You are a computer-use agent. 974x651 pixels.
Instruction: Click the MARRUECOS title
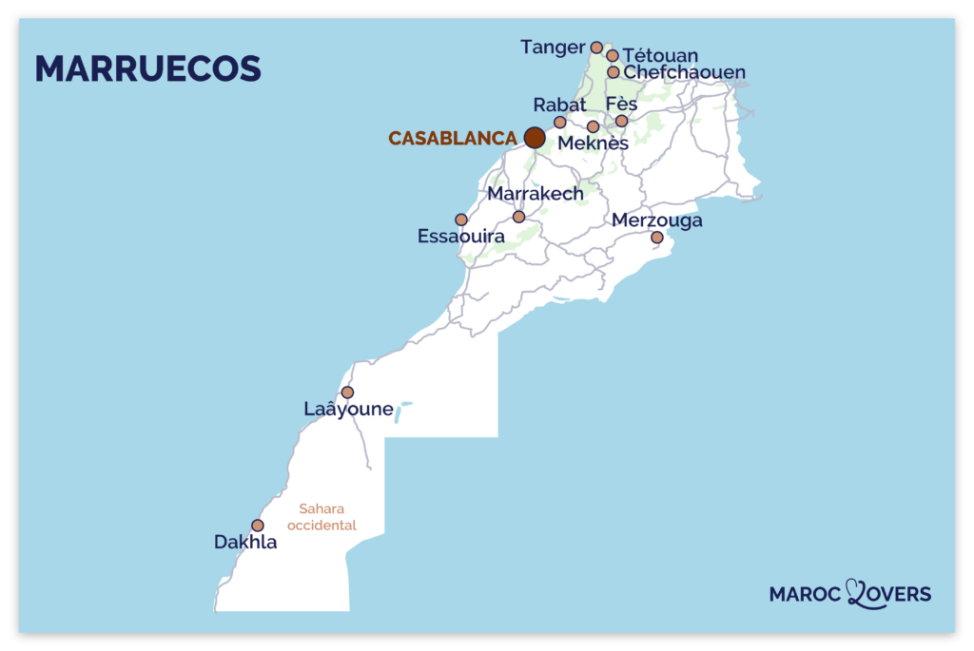pos(147,68)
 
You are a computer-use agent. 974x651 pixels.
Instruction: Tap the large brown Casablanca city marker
pos(535,138)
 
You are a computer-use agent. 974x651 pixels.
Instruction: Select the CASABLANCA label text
pos(453,139)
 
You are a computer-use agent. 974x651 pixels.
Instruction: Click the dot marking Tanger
pos(596,48)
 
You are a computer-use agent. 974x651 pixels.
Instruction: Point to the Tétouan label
pos(660,56)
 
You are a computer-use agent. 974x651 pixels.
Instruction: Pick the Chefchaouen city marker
pos(614,72)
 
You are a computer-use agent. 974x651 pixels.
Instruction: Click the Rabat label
pos(559,105)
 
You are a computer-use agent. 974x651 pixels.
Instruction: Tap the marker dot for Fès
pos(622,121)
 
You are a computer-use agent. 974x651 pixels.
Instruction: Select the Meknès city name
pos(593,144)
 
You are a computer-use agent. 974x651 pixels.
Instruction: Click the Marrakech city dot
pos(518,217)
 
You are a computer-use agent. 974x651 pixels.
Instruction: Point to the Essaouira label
pos(461,236)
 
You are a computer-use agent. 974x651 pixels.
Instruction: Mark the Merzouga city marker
pos(656,238)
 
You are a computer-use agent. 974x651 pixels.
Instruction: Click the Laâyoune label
pos(348,410)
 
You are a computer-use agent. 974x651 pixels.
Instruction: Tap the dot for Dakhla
pos(258,525)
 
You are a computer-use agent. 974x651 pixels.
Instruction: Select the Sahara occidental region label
pos(321,517)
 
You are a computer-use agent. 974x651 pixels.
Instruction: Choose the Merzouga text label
pos(657,220)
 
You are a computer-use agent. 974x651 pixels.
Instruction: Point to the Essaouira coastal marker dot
pos(461,220)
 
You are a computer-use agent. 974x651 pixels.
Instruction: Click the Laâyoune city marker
pos(347,392)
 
